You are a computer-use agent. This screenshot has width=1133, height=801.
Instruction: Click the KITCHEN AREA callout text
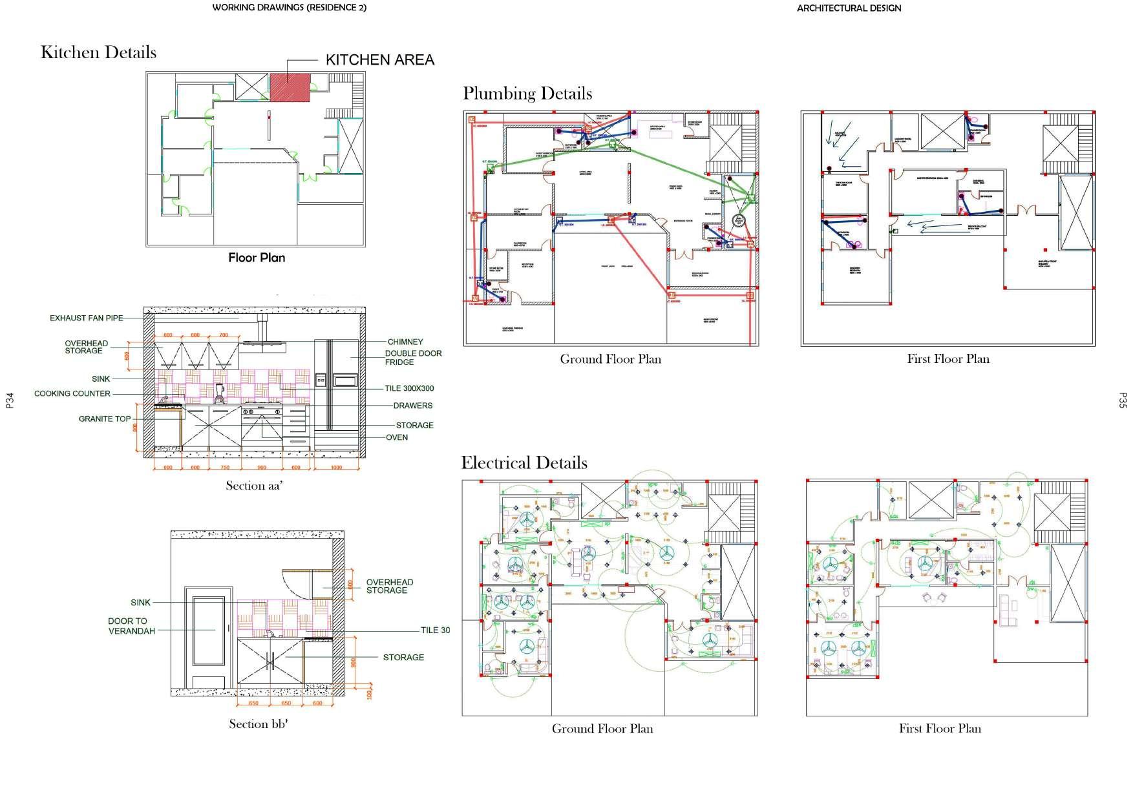point(379,60)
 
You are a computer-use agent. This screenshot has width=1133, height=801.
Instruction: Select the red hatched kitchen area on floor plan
point(290,87)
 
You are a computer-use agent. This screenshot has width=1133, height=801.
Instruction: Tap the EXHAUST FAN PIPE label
point(86,318)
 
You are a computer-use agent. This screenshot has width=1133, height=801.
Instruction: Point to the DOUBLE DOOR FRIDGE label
point(413,358)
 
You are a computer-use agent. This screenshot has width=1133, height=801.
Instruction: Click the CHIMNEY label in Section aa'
point(405,342)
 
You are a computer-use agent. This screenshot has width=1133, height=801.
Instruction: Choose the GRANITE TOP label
point(105,419)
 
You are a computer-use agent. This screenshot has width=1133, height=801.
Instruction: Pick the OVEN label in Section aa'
point(397,437)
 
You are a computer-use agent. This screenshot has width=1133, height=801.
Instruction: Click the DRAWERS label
point(412,406)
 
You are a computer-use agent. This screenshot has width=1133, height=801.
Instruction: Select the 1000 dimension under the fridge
point(336,468)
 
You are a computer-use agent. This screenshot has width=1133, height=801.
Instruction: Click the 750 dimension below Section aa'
point(225,468)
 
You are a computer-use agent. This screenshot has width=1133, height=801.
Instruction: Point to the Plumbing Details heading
point(527,94)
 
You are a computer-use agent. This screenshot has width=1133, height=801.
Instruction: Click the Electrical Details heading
point(524,463)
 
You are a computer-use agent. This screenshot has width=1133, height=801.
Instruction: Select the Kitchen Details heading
point(98,52)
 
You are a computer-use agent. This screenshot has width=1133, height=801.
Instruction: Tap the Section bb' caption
point(258,724)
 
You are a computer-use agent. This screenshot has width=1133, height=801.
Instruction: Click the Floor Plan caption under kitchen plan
point(257,258)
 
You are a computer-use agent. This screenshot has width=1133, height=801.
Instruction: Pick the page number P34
point(10,400)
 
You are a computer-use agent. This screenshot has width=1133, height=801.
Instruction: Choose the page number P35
point(1122,400)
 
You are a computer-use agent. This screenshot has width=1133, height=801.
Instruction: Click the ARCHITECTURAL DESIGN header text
point(849,8)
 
